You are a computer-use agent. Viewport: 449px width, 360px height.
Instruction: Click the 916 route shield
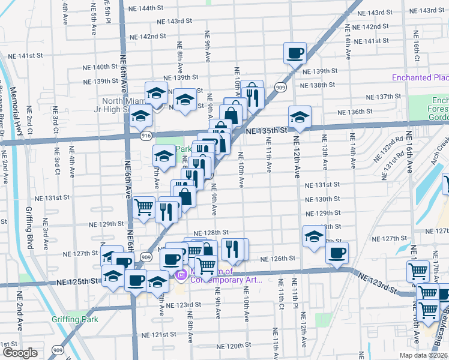[146, 137]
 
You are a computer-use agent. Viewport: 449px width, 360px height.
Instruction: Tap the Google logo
[20, 353]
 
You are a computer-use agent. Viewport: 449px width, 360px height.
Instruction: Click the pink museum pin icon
[180, 275]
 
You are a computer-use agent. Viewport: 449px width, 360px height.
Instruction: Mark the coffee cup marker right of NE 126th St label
[337, 252]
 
